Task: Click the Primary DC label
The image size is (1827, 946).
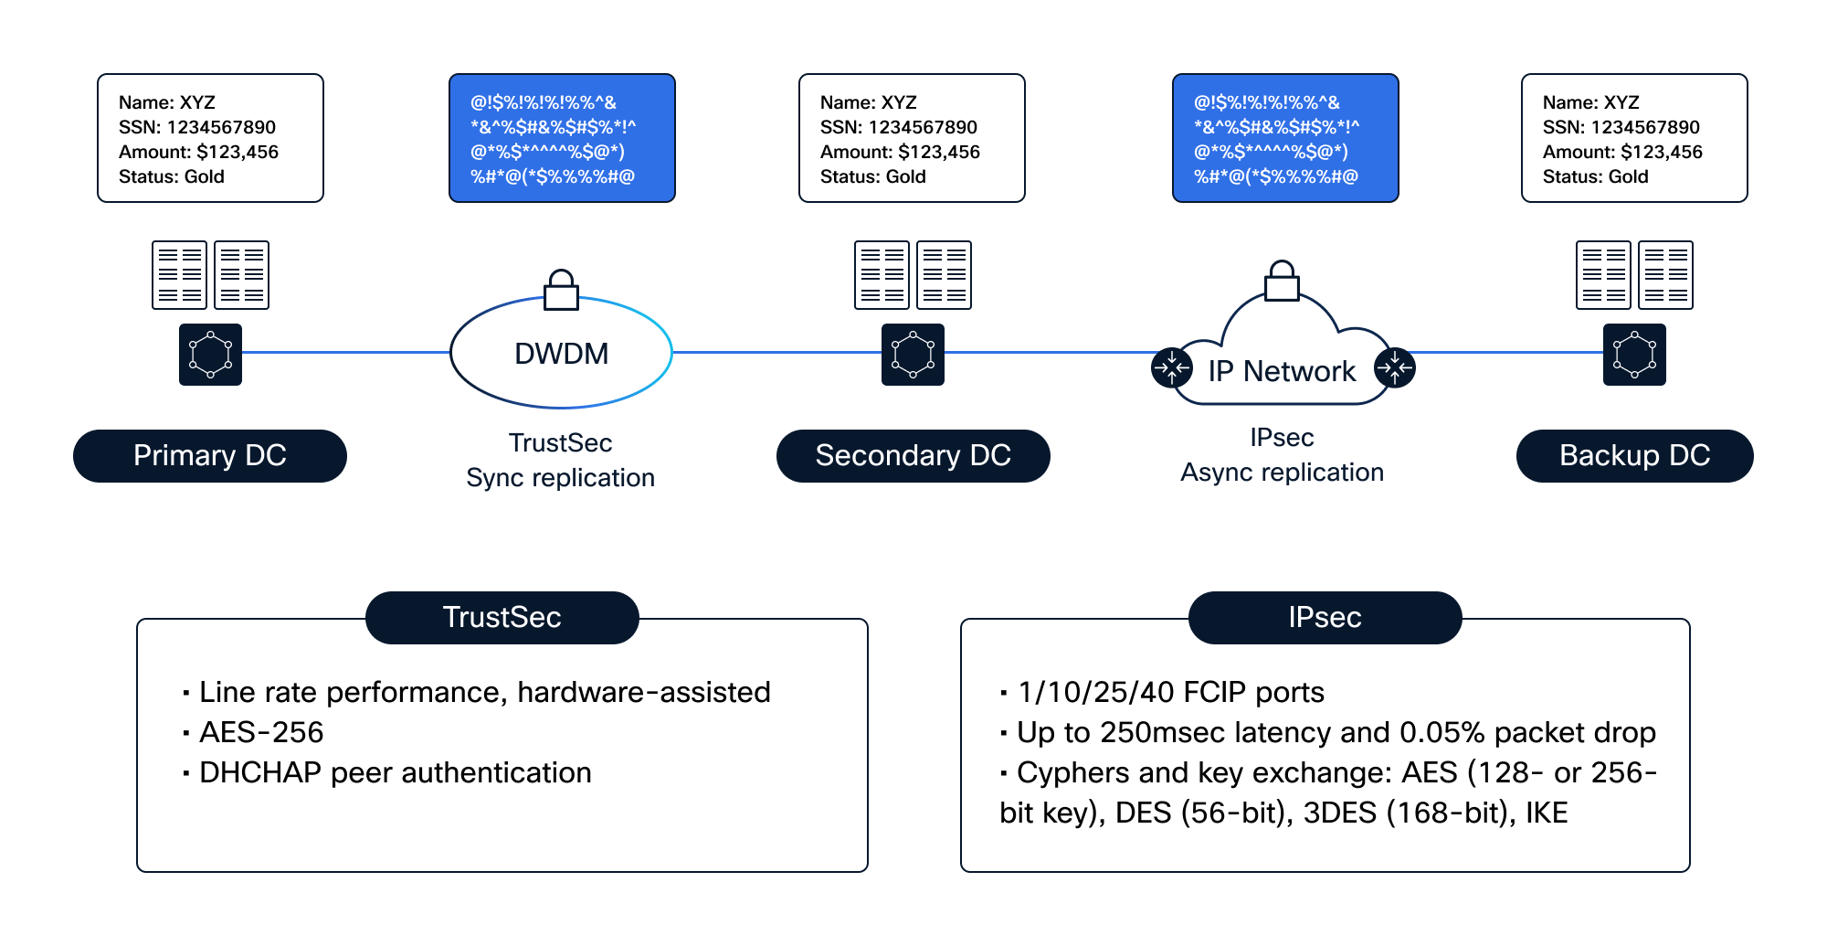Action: coord(209,455)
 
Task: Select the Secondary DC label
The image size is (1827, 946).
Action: coord(913,455)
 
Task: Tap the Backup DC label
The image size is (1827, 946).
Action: coord(1634,455)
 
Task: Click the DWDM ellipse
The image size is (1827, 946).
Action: coord(451,352)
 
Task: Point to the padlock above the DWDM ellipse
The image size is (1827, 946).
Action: coord(561,290)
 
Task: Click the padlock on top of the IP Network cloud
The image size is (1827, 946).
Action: coord(1282,281)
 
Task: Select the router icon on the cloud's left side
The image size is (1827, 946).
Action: coord(1172,367)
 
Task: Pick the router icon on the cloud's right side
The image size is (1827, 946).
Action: coord(1395,367)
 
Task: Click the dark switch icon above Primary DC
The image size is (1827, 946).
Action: coord(210,355)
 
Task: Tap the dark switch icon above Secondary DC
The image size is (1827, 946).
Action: coord(913,355)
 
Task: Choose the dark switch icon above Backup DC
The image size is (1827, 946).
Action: coord(1634,355)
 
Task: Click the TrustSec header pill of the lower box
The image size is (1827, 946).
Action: coord(502,617)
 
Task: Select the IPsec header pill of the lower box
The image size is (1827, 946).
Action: coord(1325,617)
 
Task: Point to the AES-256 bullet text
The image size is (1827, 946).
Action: coord(261,732)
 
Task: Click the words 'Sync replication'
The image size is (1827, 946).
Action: coord(560,477)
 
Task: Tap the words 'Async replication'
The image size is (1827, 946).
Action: coord(1282,472)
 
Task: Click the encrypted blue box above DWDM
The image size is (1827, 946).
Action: coord(562,138)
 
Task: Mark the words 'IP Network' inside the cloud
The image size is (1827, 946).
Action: coord(1282,371)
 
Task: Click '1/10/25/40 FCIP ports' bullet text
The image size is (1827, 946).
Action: coord(1171,692)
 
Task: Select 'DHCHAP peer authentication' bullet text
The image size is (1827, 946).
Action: coord(396,772)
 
